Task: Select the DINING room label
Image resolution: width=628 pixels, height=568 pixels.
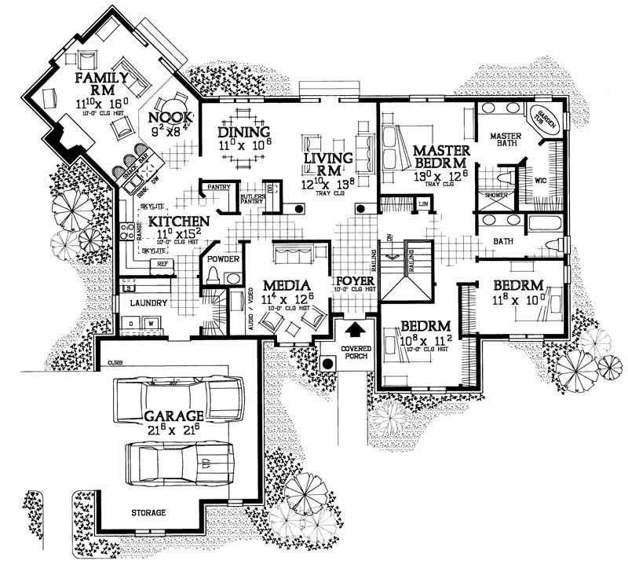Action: (244, 132)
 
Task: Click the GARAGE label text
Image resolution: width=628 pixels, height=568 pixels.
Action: (173, 415)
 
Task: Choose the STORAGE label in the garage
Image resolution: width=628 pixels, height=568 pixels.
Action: (148, 513)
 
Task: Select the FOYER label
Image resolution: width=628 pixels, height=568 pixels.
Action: (353, 281)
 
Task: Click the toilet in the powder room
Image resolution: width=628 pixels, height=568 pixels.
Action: (213, 276)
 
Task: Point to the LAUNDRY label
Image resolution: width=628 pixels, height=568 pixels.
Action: (148, 302)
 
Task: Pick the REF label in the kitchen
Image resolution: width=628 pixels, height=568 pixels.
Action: (164, 265)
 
